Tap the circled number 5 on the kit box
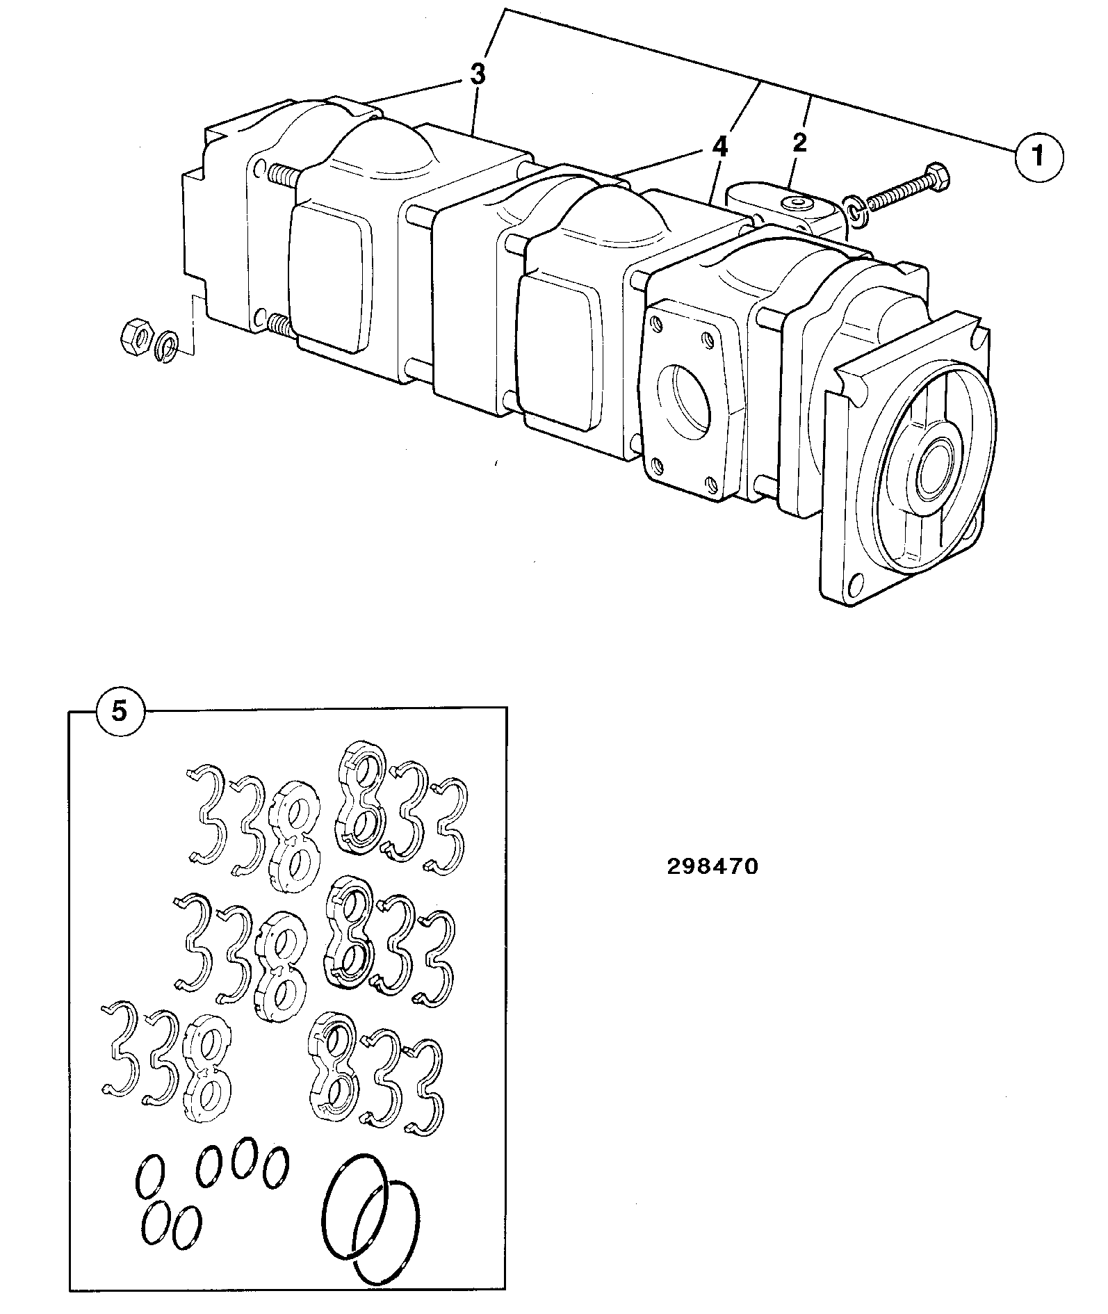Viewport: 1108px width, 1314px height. [120, 713]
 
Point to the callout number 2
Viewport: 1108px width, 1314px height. [800, 143]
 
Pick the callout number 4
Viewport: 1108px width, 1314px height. [721, 147]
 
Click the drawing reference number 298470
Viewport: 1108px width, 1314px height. [712, 867]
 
